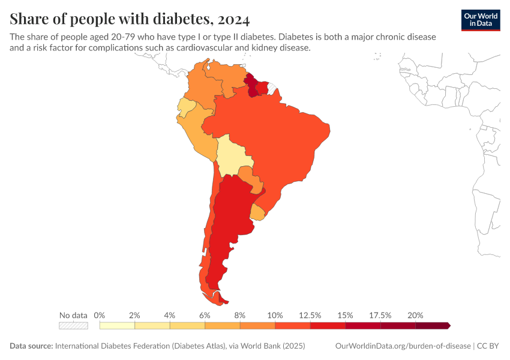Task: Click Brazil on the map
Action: tap(270, 144)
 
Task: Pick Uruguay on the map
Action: tap(258, 212)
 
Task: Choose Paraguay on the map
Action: tap(249, 177)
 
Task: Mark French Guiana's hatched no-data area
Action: tap(272, 89)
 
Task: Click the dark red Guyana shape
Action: tap(251, 84)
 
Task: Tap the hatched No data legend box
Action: tap(73, 326)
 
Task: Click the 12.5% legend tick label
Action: tap(310, 315)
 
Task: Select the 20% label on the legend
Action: tap(415, 315)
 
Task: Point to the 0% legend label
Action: tap(100, 315)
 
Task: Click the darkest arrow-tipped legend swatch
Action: tap(432, 326)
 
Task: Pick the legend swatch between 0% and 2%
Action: tap(117, 326)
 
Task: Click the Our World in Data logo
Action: tap(481, 19)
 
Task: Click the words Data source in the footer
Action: tap(31, 346)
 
